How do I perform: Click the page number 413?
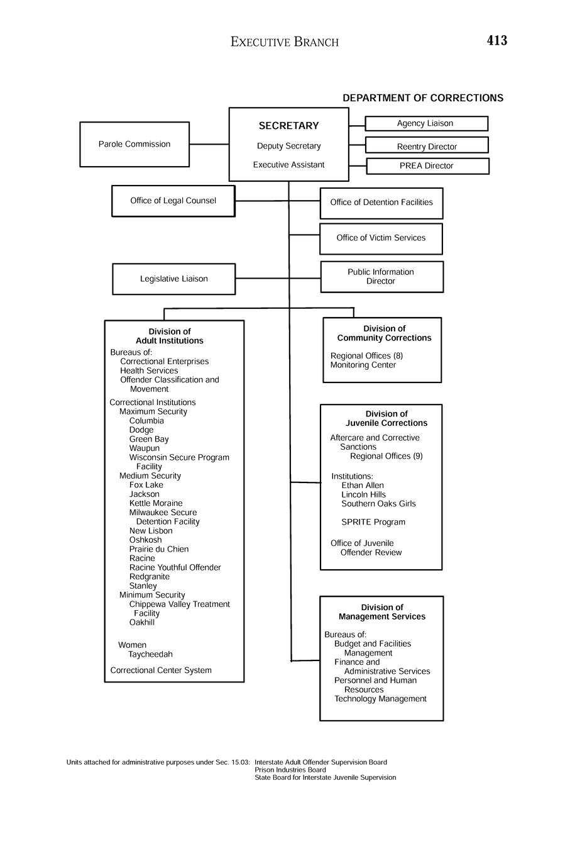[x=496, y=41]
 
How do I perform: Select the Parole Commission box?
[x=134, y=144]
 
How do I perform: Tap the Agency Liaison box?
[x=426, y=123]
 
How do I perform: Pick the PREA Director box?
[x=427, y=166]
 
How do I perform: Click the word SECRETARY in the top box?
[x=288, y=126]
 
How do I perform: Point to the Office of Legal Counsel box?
[x=173, y=201]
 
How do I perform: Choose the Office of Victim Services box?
[x=381, y=238]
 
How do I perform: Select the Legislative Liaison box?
[x=173, y=279]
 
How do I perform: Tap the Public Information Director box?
[x=381, y=277]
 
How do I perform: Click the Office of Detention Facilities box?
[x=381, y=203]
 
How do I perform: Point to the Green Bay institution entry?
[x=149, y=439]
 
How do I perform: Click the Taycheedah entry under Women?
[x=150, y=654]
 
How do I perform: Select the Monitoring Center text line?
[x=363, y=365]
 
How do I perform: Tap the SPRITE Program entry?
[x=373, y=522]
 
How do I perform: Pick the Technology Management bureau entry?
[x=380, y=699]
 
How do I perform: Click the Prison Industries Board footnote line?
[x=290, y=770]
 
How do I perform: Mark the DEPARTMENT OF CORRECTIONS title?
[x=422, y=98]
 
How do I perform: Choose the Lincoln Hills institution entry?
[x=363, y=494]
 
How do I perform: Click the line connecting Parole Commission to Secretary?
[x=209, y=144]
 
